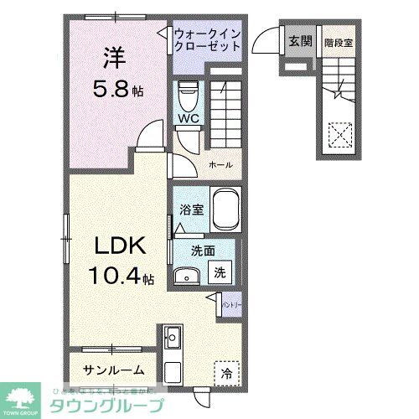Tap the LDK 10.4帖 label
tap(122, 260)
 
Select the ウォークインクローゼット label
tap(207, 39)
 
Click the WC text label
tap(187, 119)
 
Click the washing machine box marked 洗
tap(220, 272)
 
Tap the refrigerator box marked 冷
tap(227, 370)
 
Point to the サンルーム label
tap(114, 370)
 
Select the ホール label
tap(220, 164)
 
